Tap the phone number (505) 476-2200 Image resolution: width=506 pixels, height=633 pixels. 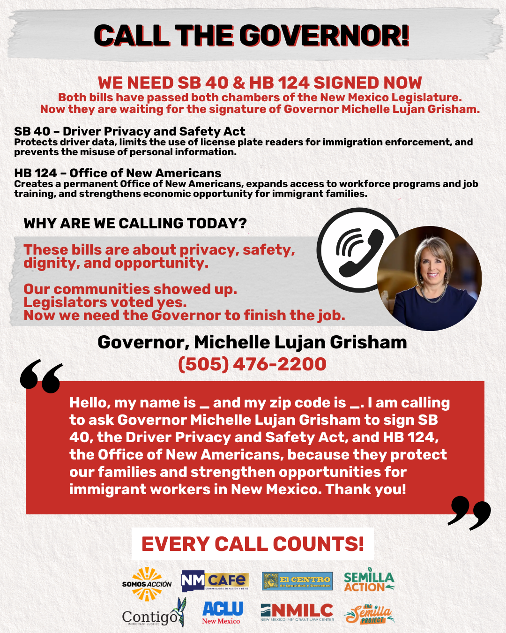252,364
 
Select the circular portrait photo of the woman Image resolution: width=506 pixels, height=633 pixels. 429,279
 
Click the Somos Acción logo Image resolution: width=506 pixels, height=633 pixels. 147,584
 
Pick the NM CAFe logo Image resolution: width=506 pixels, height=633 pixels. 215,581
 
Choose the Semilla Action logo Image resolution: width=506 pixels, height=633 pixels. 369,582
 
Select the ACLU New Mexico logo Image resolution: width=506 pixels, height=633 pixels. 222,612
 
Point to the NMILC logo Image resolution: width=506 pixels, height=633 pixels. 297,612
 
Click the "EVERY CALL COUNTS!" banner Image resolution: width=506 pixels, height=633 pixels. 253,544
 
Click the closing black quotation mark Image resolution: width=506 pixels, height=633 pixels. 469,512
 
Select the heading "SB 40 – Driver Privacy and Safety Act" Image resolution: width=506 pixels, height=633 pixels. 130,131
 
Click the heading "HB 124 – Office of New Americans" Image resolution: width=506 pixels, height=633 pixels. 118,173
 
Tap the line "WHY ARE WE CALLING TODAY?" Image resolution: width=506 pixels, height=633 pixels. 135,223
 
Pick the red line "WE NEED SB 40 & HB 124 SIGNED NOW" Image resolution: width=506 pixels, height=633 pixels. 260,83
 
